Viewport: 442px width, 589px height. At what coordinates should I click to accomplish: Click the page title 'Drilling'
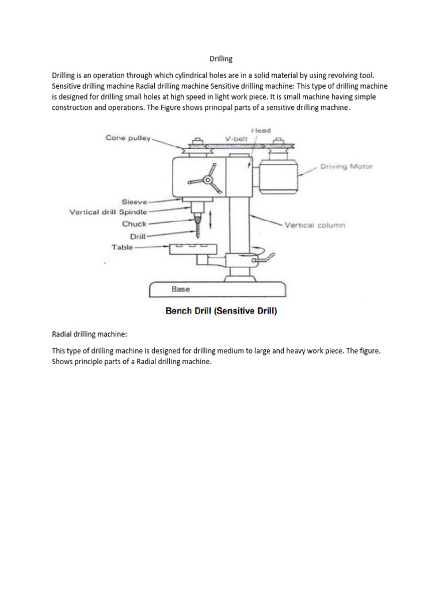click(x=220, y=59)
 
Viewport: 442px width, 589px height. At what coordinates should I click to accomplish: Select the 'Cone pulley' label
click(x=127, y=137)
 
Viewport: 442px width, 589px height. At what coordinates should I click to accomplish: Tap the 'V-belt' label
click(x=236, y=139)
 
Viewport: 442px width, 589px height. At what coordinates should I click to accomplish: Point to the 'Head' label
click(x=262, y=131)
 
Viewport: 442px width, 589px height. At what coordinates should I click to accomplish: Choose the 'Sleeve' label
click(x=134, y=202)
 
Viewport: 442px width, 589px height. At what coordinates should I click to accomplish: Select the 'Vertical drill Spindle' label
click(x=108, y=212)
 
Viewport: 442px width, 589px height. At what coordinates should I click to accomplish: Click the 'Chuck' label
click(x=134, y=224)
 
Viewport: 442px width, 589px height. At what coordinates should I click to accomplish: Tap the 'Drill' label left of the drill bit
click(x=138, y=236)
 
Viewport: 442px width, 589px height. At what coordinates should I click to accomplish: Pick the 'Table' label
click(x=122, y=247)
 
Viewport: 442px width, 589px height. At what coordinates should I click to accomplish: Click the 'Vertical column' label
click(x=315, y=225)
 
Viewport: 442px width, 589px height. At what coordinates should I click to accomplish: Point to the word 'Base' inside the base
click(x=181, y=289)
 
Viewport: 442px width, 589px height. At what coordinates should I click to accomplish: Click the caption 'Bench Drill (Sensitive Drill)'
click(x=221, y=312)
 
